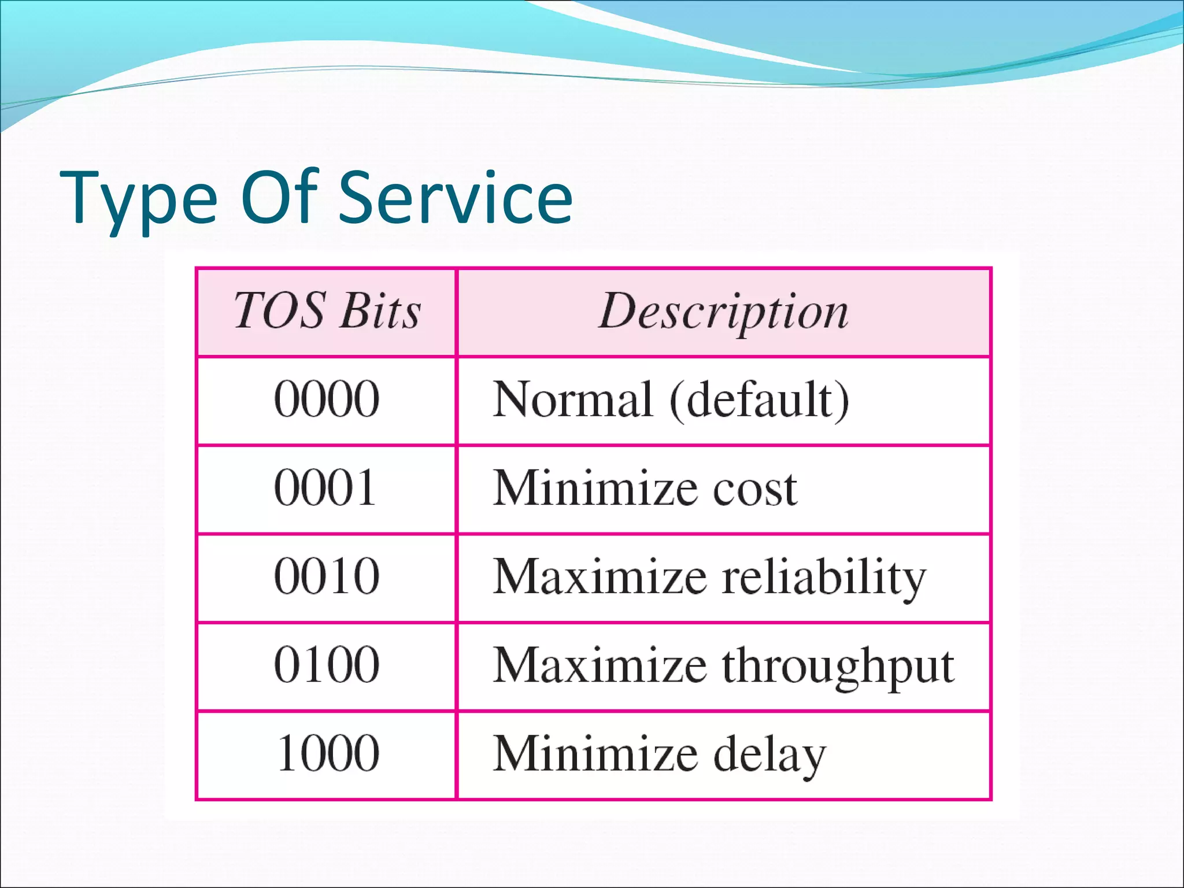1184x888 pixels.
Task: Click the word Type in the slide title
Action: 139,199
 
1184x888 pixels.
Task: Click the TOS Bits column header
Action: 327,311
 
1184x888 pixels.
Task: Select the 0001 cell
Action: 325,488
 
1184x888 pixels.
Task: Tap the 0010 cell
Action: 327,576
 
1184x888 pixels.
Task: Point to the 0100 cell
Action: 327,665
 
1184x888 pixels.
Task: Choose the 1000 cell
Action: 328,753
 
